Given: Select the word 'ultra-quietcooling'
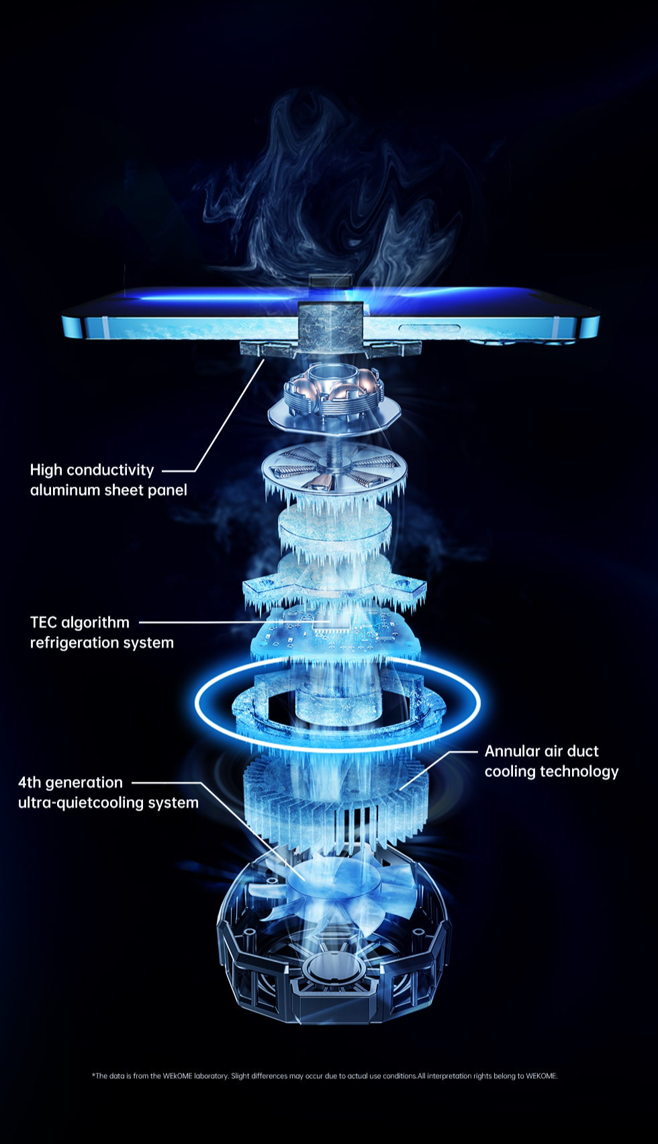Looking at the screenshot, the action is (81, 803).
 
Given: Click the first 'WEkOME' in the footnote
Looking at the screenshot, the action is (177, 1076).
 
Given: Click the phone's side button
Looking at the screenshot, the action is (429, 328).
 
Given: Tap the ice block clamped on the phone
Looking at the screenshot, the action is (330, 327).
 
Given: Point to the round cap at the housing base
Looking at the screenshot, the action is (334, 971).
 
